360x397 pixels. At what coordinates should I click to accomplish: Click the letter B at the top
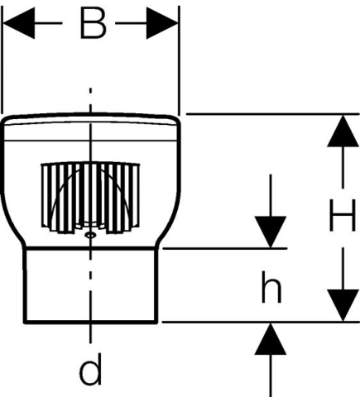point(93,23)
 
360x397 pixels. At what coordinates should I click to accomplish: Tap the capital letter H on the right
point(343,216)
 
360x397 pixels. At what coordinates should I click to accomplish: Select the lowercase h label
point(271,287)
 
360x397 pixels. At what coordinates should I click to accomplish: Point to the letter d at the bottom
point(90,369)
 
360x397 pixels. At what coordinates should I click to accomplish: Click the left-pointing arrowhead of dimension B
point(19,23)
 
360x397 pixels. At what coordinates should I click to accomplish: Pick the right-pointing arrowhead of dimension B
point(162,23)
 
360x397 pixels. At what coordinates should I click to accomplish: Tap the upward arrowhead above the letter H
point(343,131)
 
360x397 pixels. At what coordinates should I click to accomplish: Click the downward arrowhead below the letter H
point(343,305)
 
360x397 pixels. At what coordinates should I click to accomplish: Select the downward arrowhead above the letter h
point(271,232)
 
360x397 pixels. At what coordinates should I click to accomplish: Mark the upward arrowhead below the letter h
point(271,339)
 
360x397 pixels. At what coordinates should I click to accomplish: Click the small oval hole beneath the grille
point(90,235)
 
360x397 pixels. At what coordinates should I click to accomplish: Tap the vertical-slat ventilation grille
point(90,198)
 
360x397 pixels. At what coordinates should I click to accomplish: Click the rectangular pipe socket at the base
point(90,285)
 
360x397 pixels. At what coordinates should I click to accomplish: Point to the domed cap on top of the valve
point(91,127)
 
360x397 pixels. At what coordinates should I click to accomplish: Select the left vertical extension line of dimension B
point(2,60)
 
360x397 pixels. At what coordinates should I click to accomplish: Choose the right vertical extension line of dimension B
point(180,60)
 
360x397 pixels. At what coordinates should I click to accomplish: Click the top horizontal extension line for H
point(273,113)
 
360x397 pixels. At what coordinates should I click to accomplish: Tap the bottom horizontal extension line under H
point(261,322)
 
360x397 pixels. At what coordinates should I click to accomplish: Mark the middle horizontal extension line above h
point(225,248)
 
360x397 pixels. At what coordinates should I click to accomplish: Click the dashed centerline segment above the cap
point(90,100)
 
